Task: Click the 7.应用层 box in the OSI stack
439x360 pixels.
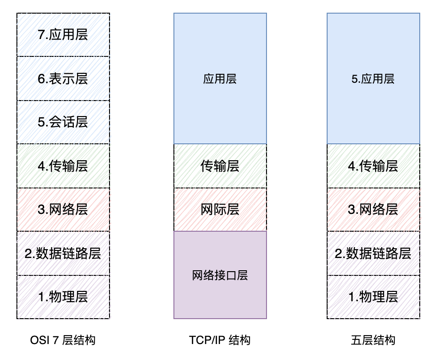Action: coord(63,35)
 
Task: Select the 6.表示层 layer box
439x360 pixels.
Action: coord(63,78)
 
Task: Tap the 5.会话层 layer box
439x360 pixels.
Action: coord(63,122)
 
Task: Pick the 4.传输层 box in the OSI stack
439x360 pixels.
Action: coord(63,166)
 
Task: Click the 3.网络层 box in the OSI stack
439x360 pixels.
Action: coord(63,210)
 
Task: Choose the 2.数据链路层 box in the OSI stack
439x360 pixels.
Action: coord(63,253)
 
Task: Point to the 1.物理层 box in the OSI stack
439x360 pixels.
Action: coord(63,297)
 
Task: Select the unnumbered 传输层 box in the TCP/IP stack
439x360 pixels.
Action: coord(220,166)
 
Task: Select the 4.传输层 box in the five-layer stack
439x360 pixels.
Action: coord(373,166)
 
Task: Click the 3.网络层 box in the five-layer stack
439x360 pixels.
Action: coord(373,210)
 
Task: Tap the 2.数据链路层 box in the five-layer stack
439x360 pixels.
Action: coord(373,253)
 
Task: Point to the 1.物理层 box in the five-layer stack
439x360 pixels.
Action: coord(373,297)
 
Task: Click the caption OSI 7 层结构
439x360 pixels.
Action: coord(63,340)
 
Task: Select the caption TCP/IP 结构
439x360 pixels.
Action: coord(220,340)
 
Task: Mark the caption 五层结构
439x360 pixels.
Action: coord(373,340)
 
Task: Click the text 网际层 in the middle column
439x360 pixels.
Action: coord(220,210)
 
